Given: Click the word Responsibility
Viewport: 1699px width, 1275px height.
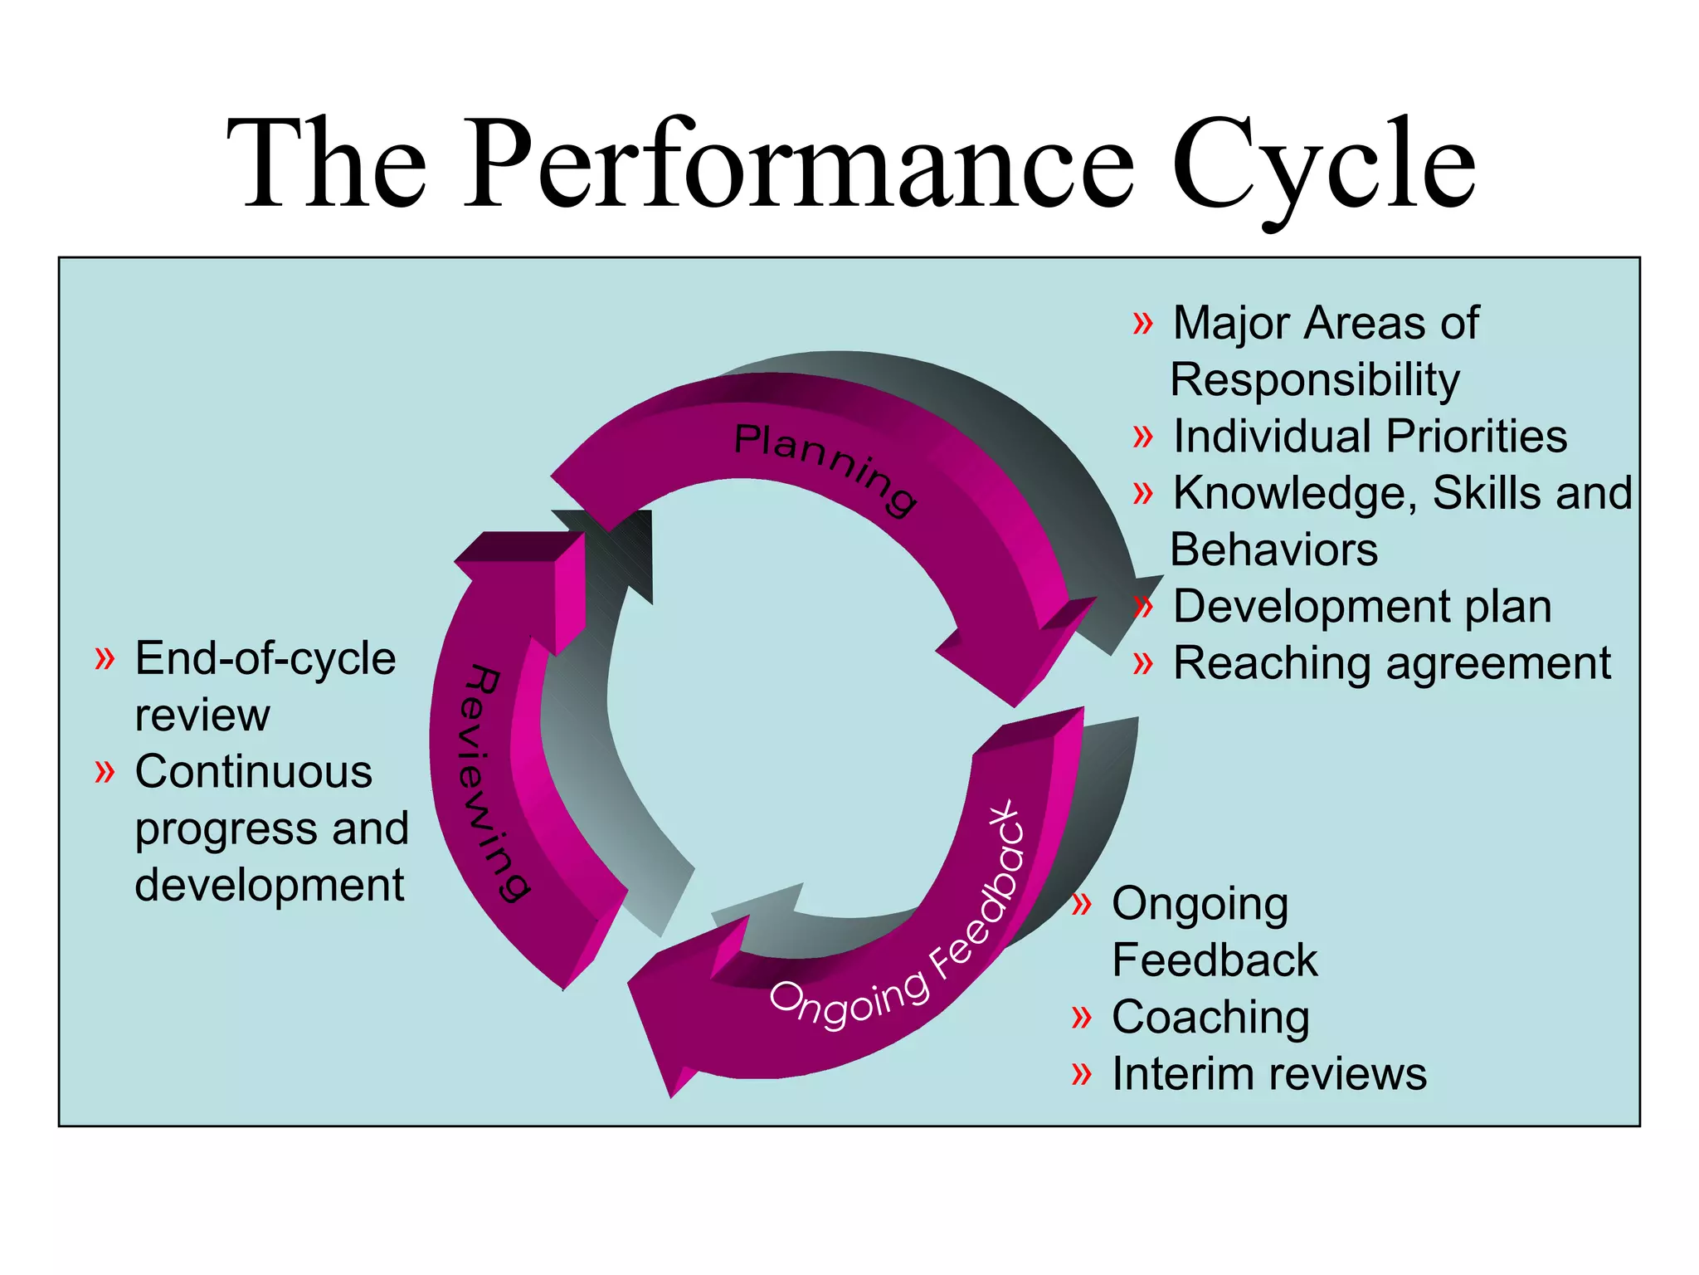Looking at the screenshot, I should point(1315,380).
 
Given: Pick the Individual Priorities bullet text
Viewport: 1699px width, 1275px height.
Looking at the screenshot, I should point(1369,437).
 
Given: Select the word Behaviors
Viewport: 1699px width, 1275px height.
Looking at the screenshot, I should point(1273,550).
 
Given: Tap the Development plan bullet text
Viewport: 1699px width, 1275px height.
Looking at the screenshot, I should point(1361,606).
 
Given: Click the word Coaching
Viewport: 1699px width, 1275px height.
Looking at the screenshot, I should point(1210,1017).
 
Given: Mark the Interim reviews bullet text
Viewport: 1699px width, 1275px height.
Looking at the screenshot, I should point(1268,1073).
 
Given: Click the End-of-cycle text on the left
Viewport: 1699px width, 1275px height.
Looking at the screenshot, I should point(265,658).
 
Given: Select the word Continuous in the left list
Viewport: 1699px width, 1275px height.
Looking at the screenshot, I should point(253,772).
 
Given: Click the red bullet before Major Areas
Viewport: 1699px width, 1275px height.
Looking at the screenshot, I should point(1142,323).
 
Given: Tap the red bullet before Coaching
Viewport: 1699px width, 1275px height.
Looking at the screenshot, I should point(1081,1017).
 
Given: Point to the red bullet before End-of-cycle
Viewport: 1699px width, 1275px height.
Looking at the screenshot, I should point(104,658).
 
